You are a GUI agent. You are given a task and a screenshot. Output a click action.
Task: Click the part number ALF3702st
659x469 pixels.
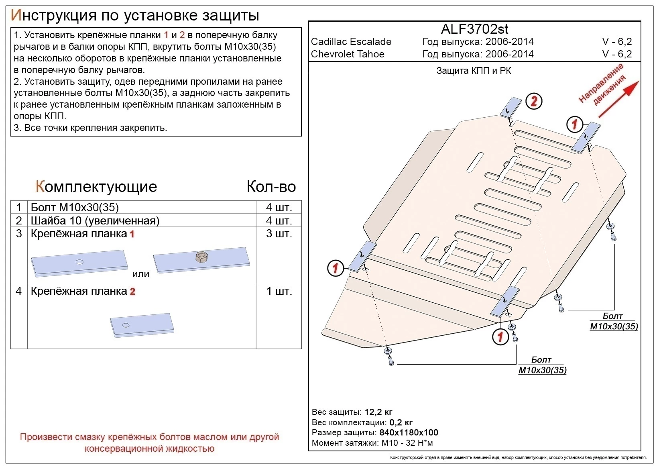tap(474, 29)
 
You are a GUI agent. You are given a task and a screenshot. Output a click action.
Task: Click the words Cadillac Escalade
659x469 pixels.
tap(351, 42)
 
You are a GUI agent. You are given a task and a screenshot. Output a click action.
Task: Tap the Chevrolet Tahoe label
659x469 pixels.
tap(348, 54)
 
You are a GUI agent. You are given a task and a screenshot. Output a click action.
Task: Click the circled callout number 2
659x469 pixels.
tap(534, 101)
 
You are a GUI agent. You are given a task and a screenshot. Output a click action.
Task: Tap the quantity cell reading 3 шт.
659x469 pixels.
tap(279, 234)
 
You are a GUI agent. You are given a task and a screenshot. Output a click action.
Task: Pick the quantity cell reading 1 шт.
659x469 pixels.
tap(279, 291)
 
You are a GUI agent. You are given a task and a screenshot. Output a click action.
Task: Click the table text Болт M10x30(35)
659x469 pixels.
tap(75, 208)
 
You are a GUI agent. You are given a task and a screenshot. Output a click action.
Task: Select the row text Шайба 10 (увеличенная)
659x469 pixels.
tap(95, 221)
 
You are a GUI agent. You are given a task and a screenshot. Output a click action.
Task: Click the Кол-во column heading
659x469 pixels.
tap(271, 187)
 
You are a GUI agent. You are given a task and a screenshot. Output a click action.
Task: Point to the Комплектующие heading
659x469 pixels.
tap(96, 187)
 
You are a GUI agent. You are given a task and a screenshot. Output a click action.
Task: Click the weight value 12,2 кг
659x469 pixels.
tap(378, 412)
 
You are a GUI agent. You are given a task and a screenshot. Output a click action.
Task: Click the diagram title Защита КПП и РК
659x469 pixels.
tap(474, 71)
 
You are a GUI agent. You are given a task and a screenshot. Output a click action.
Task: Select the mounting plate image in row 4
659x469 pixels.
tap(142, 324)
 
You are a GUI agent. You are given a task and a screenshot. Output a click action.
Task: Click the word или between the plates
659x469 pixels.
tap(140, 274)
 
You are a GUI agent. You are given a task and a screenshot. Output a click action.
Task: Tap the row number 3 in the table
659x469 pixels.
tap(19, 234)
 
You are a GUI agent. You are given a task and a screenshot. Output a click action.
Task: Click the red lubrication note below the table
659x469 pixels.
tap(149, 442)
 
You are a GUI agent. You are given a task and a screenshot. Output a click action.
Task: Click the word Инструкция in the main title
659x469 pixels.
tap(53, 15)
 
